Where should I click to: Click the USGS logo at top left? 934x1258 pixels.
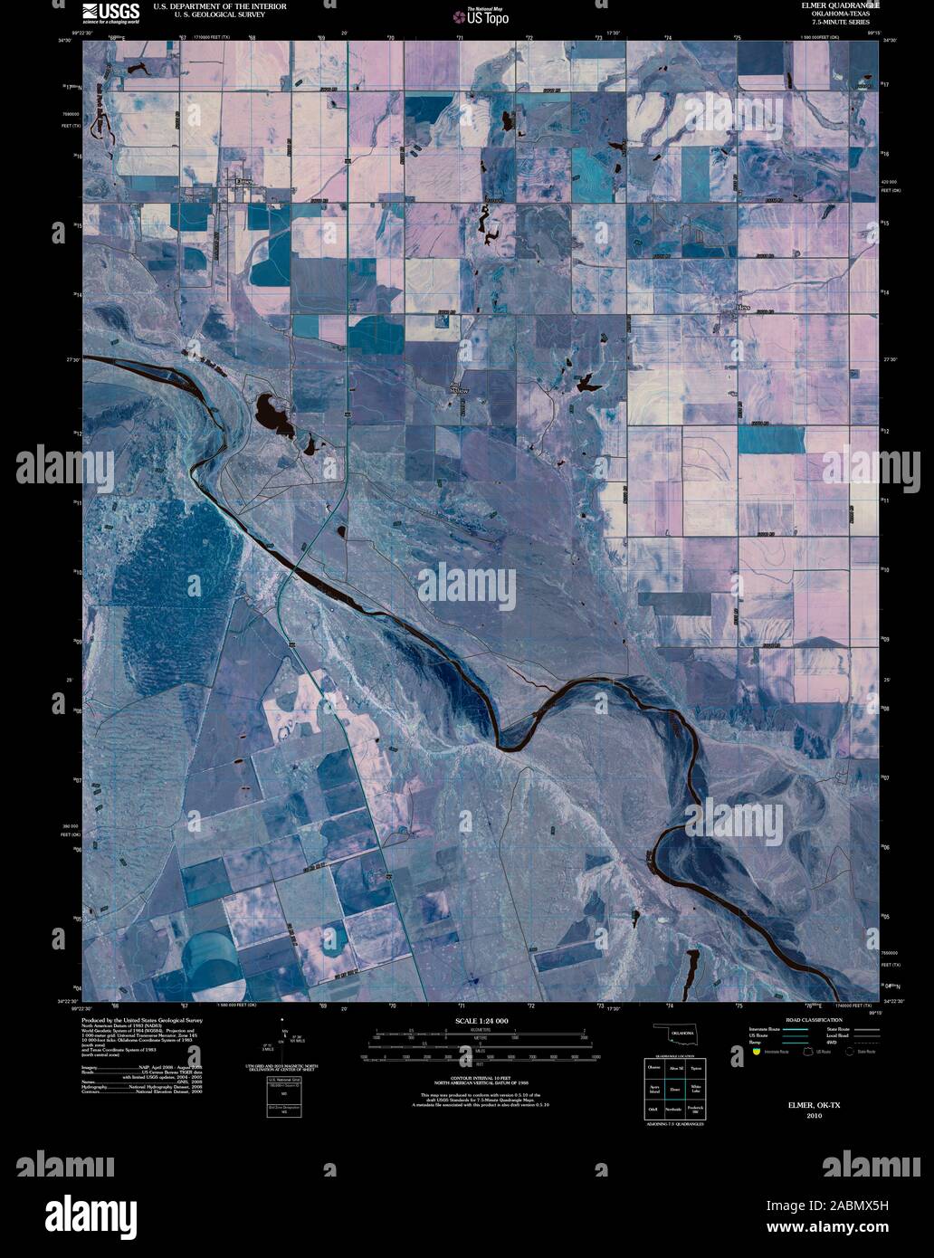[111, 12]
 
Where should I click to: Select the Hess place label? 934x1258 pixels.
[743, 308]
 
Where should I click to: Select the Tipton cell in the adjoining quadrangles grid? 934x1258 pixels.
[696, 1068]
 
